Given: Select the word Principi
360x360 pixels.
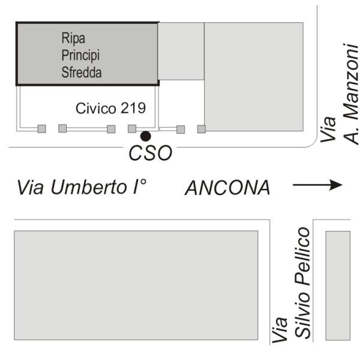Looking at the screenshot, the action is [x=80, y=55].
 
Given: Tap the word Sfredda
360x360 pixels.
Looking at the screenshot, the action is [x=82, y=73].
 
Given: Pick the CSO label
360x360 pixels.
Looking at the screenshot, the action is [x=151, y=153].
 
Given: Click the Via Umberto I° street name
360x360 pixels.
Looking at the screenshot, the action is [x=82, y=187].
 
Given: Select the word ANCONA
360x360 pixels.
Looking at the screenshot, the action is [x=227, y=188].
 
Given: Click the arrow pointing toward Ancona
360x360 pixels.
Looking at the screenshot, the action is [x=317, y=185].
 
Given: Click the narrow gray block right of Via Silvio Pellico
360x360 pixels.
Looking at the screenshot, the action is [x=337, y=285].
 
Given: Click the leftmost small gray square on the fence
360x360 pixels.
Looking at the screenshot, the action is [x=42, y=128].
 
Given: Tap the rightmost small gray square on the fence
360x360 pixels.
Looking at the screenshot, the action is [x=202, y=128].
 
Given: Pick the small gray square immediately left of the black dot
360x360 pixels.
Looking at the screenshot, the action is [x=132, y=128].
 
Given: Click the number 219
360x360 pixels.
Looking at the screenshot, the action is [x=136, y=109].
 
